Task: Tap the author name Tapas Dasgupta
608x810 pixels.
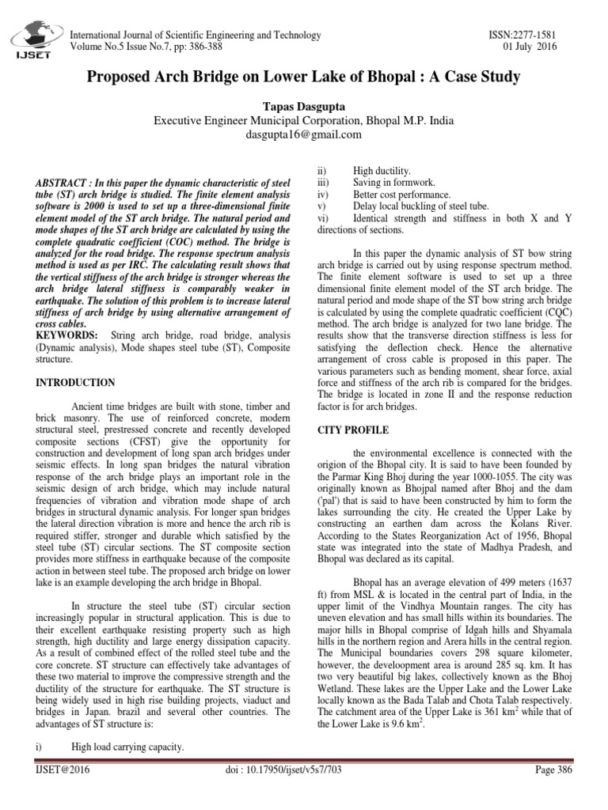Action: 303,106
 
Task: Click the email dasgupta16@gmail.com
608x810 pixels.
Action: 303,134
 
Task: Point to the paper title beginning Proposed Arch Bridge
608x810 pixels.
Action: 303,78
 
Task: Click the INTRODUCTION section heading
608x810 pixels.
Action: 76,383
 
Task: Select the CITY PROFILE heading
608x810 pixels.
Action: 353,430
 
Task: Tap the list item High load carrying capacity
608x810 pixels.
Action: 127,747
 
